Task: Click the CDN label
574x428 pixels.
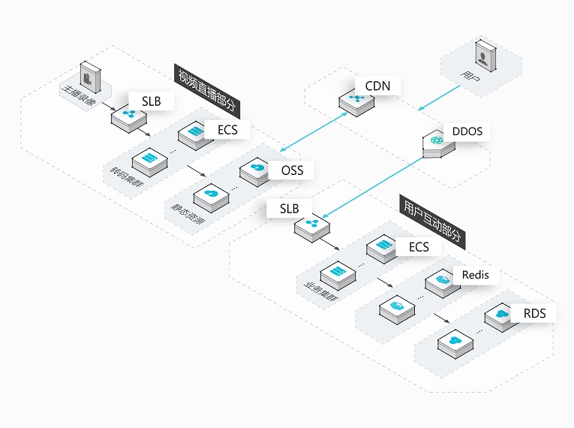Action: tap(377, 86)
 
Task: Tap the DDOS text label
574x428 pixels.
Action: tap(467, 131)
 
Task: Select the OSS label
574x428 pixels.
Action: tap(292, 170)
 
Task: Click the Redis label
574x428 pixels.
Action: tap(475, 275)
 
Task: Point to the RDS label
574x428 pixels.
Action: tap(534, 314)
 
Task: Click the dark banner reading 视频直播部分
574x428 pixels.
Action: tap(207, 92)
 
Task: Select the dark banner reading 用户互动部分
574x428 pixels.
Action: tap(432, 222)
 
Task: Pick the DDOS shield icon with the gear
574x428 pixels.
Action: tap(438, 143)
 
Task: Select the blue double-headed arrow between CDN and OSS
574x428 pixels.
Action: tap(314, 132)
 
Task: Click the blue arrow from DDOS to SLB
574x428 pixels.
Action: tap(373, 188)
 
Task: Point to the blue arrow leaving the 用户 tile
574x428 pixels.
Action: tap(439, 98)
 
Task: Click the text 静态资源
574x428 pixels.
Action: tap(188, 214)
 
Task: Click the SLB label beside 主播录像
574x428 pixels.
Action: tap(151, 101)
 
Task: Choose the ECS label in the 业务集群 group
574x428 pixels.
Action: tap(419, 247)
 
